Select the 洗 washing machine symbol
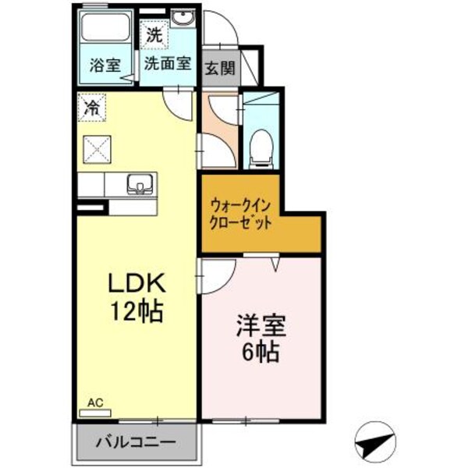pyautogui.click(x=153, y=35)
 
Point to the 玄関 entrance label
pyautogui.click(x=220, y=68)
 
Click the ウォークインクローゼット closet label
pyautogui.click(x=242, y=214)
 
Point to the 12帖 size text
pyautogui.click(x=135, y=314)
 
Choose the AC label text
pyautogui.click(x=95, y=402)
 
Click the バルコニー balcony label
pyautogui.click(x=136, y=442)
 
